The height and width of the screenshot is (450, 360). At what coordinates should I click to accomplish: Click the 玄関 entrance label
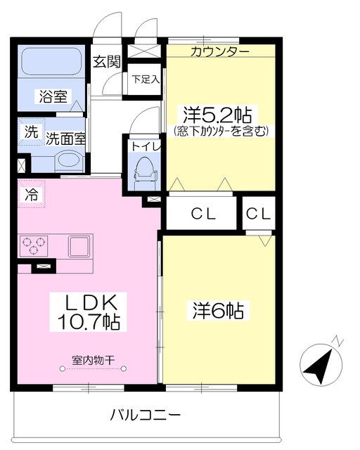click(x=108, y=61)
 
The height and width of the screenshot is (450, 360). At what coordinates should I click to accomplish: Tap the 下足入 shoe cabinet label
click(x=146, y=79)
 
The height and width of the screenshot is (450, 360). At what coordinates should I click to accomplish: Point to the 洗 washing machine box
click(x=30, y=131)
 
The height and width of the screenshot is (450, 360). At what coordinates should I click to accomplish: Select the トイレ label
click(x=146, y=147)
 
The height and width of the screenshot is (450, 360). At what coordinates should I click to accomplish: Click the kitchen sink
click(x=78, y=247)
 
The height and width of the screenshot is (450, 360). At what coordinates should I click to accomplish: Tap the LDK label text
click(x=91, y=303)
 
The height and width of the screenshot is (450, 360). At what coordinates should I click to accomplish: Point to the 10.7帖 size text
click(x=91, y=322)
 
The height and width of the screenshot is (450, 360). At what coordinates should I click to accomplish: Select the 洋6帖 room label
click(x=219, y=309)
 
